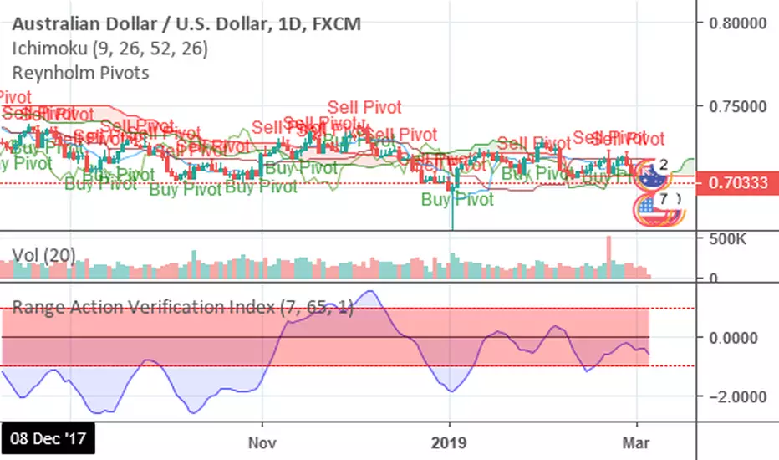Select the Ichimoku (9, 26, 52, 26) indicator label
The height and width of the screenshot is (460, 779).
[x=109, y=49]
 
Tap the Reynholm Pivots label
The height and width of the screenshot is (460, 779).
[x=81, y=73]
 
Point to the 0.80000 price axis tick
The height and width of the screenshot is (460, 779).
[x=738, y=23]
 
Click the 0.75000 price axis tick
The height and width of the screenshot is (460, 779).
[x=738, y=108]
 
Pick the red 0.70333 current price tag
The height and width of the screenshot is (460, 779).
[x=738, y=181]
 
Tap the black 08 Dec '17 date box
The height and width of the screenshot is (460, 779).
[x=48, y=438]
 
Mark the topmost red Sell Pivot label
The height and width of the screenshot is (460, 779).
[x=364, y=107]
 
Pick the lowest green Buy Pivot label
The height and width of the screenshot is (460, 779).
[x=457, y=200]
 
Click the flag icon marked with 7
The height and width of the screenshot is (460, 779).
[x=660, y=205]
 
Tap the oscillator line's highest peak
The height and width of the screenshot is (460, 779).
[x=369, y=292]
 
